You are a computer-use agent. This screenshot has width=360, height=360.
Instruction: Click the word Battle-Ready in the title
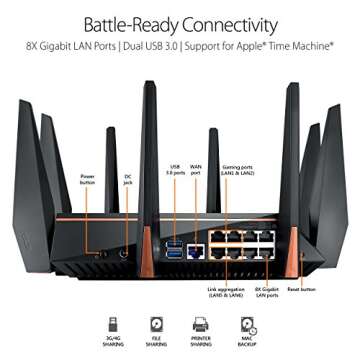129,24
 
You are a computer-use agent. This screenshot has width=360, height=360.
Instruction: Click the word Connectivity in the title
228,24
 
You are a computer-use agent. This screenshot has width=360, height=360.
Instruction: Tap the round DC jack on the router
125,253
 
